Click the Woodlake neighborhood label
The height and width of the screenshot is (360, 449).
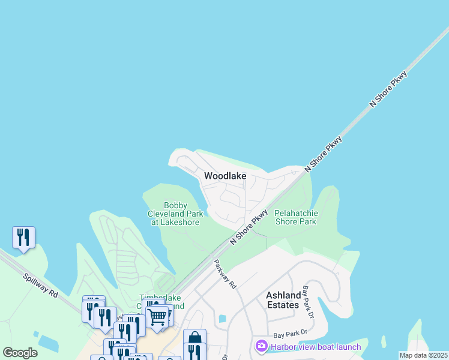click(225, 176)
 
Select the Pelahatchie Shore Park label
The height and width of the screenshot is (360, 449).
click(295, 217)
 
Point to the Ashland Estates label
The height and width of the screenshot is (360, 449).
click(283, 300)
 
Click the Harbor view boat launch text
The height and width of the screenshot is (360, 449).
click(316, 347)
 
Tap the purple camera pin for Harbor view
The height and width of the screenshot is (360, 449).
click(261, 346)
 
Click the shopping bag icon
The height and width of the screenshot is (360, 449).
click(194, 338)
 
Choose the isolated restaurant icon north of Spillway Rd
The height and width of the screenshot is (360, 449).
click(23, 236)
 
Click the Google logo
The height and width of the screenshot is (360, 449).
click(20, 353)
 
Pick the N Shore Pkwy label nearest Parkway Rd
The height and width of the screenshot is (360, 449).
click(249, 226)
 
